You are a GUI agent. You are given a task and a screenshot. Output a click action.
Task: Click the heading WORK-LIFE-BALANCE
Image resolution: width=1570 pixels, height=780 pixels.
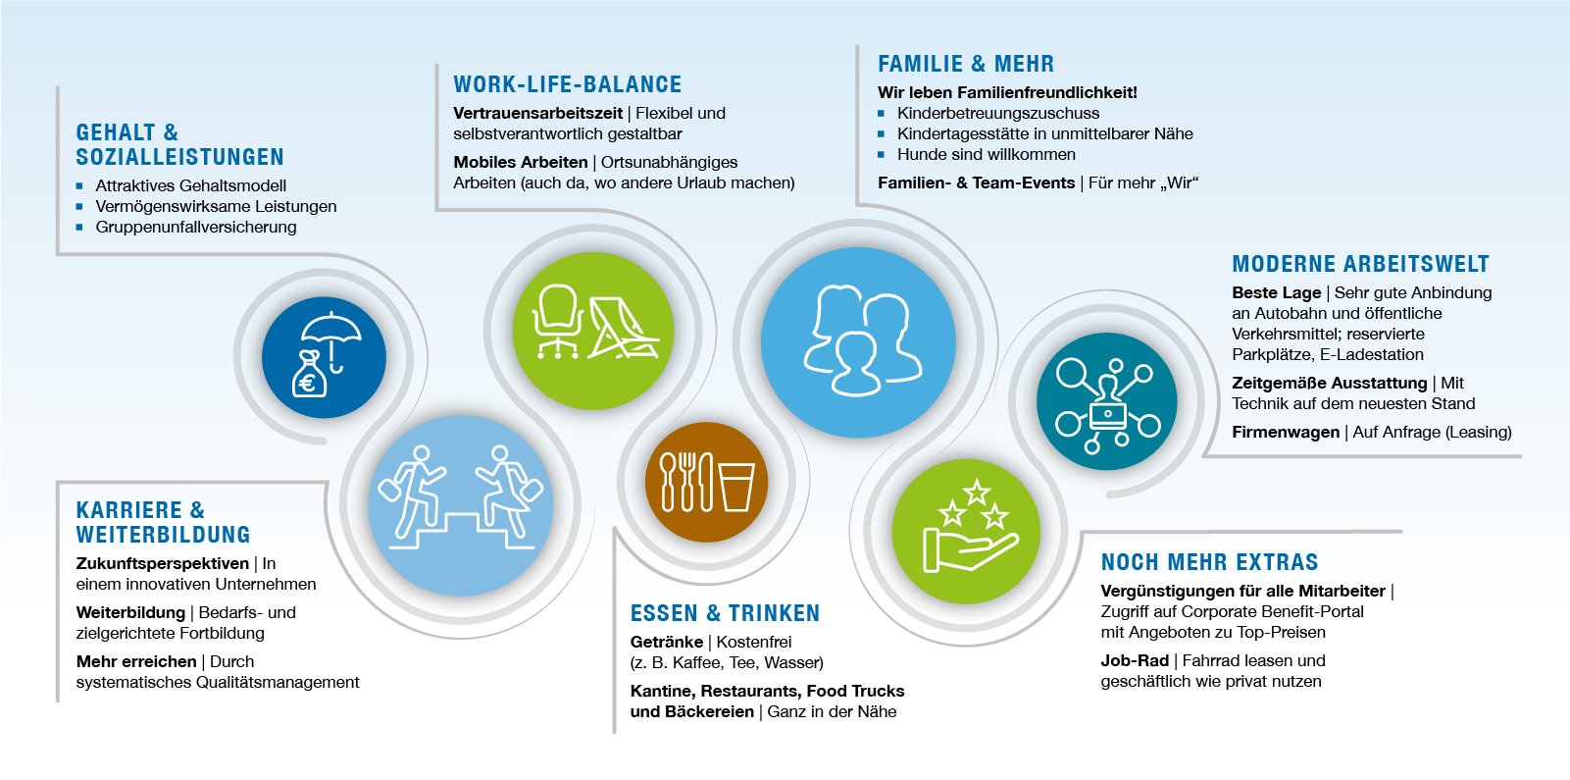point(567,84)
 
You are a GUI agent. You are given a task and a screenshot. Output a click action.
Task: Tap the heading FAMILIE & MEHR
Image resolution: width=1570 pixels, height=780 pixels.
point(966,64)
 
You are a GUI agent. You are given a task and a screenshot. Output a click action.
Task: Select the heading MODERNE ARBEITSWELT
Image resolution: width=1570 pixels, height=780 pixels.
point(1360,264)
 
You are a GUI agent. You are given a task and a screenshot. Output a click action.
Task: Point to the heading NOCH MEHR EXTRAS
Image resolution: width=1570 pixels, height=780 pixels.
point(1210,562)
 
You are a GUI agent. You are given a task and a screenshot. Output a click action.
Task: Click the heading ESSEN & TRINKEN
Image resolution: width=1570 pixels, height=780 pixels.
point(725,613)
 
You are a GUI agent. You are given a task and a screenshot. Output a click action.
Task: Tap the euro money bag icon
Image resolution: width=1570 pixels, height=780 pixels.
point(309,375)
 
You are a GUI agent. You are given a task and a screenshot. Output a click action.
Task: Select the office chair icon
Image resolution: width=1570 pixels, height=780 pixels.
point(558,321)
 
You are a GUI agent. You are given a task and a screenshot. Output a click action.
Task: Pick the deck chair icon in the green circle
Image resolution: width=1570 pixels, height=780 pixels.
point(623,329)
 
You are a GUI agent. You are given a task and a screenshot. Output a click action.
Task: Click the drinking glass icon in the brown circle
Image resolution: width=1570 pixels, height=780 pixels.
point(735,486)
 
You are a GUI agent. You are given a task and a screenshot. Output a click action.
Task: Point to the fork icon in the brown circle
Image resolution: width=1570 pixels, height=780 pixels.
point(687,481)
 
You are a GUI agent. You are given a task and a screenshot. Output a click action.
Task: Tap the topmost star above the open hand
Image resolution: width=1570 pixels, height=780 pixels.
point(976,492)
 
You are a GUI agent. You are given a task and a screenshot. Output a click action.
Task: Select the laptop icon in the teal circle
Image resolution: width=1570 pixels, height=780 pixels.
point(1107,415)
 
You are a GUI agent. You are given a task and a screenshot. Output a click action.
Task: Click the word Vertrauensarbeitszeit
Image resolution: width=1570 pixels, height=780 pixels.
point(537,113)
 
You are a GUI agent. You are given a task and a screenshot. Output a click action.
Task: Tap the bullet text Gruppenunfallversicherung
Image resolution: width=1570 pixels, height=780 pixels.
point(196,228)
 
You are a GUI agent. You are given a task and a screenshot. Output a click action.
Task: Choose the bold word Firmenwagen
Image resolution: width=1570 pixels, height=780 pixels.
point(1286,432)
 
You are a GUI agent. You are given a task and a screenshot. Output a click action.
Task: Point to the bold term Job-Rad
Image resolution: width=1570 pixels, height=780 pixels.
point(1135,660)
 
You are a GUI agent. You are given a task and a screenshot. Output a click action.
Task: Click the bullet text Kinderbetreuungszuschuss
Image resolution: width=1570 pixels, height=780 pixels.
point(998,114)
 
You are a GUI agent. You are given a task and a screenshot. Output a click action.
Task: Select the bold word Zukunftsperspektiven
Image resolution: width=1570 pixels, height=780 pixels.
point(163,564)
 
